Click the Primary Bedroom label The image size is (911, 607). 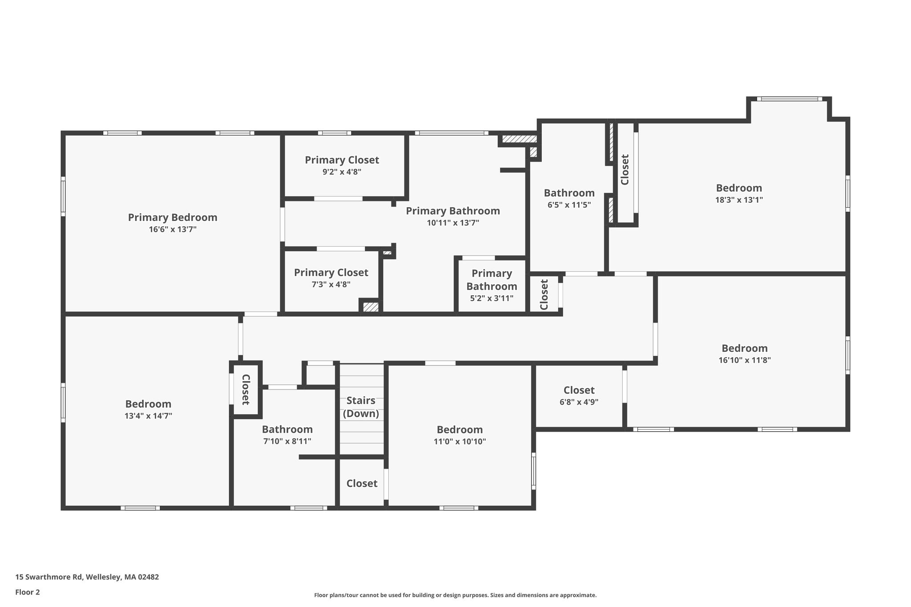point(173,217)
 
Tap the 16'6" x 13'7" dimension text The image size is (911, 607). point(173,229)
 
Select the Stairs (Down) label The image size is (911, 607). point(361,407)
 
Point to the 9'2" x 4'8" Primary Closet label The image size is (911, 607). point(342,160)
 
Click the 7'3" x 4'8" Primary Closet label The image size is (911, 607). point(331,272)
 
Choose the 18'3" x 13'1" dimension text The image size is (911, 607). point(739,200)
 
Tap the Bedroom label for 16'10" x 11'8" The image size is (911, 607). point(745,348)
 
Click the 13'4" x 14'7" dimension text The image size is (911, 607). point(148,416)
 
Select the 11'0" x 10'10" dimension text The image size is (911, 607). point(460,442)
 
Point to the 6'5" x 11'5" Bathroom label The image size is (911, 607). point(569,193)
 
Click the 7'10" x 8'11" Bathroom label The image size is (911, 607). point(287,429)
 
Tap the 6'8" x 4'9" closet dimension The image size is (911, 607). point(579,402)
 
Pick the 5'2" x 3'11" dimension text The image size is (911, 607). point(492,298)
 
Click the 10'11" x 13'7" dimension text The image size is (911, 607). point(453,223)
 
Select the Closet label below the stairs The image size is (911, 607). point(362,483)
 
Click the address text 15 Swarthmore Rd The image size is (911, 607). point(49,577)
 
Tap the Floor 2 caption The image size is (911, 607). point(28,592)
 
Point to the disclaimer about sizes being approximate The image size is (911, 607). point(455,595)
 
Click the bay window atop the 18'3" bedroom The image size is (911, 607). point(789,99)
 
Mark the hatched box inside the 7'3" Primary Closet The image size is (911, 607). point(371,307)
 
